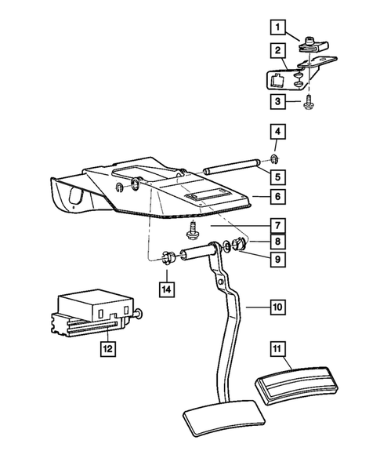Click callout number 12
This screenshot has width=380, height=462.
pyautogui.click(x=103, y=344)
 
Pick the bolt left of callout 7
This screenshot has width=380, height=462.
pyautogui.click(x=192, y=229)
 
